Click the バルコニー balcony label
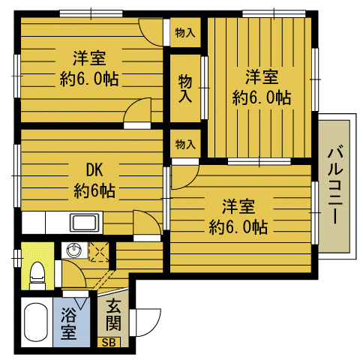click(335, 184)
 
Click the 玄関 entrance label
click(113, 314)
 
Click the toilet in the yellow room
click(35, 273)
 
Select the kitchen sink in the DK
click(83, 222)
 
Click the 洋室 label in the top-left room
click(88, 57)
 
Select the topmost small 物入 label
click(185, 32)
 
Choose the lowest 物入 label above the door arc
click(185, 143)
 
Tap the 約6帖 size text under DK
click(94, 191)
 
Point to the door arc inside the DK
click(145, 223)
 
